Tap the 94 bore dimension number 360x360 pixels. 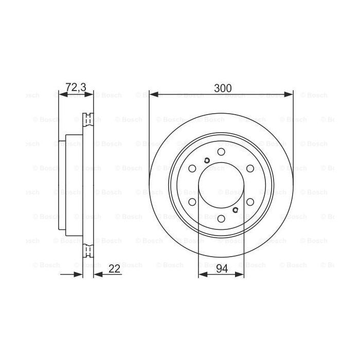pos(221,267)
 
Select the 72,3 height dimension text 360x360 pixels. pos(76,87)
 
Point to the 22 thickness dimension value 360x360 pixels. pos(115,267)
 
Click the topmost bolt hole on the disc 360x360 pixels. pos(221,152)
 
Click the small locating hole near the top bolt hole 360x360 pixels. pos(206,160)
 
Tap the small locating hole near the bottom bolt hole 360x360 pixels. pos(236,210)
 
